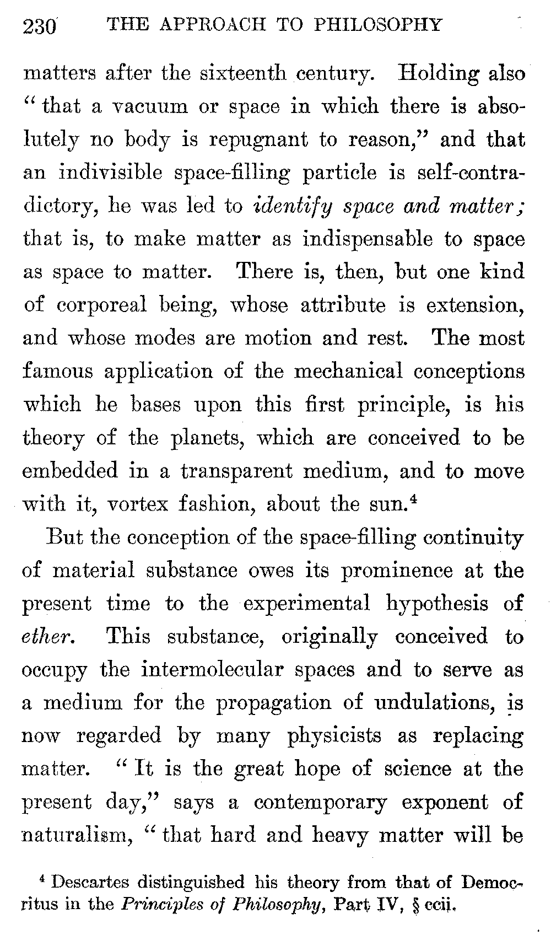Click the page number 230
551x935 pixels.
pos(40,26)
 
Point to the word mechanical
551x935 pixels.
pos(348,371)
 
